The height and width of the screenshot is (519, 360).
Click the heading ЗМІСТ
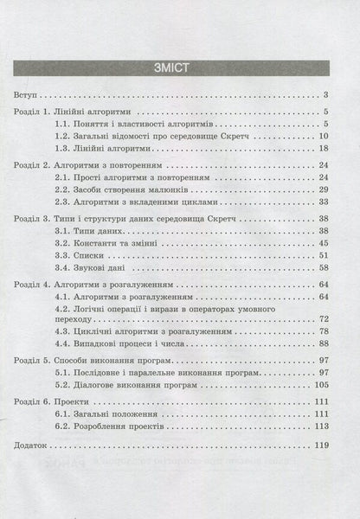click(179, 66)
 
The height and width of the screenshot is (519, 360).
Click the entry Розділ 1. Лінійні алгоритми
click(85, 112)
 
